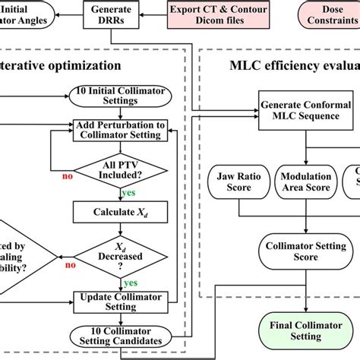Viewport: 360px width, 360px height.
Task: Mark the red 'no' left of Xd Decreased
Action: pos(71,266)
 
